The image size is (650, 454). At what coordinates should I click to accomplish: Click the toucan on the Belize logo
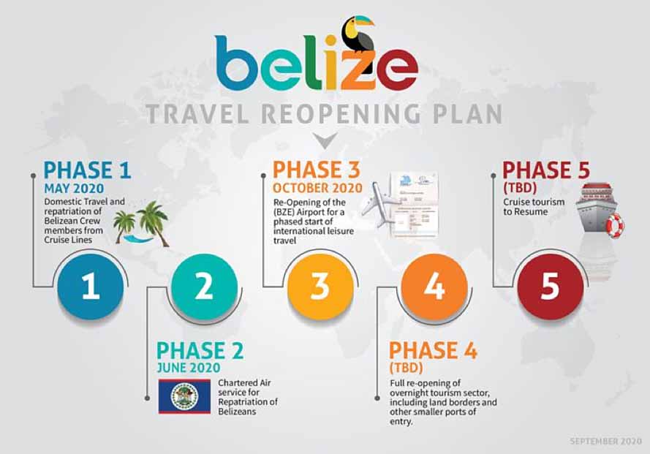pyautogui.click(x=358, y=34)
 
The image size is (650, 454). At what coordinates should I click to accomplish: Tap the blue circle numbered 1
pyautogui.click(x=91, y=287)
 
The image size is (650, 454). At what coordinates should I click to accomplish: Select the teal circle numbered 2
pyautogui.click(x=204, y=287)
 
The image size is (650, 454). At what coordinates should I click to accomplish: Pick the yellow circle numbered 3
pyautogui.click(x=320, y=287)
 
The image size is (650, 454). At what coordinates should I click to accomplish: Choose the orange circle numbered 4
pyautogui.click(x=434, y=287)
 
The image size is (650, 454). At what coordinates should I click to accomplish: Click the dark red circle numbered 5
pyautogui.click(x=551, y=287)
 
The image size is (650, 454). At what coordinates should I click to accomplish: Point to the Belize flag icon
pyautogui.click(x=184, y=396)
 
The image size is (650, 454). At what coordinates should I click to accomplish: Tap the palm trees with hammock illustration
pyautogui.click(x=141, y=224)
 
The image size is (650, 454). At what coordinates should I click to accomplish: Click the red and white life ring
pyautogui.click(x=614, y=226)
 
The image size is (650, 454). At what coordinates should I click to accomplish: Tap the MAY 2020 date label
pyautogui.click(x=74, y=189)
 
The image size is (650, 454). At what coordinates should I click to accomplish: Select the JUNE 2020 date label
pyautogui.click(x=189, y=367)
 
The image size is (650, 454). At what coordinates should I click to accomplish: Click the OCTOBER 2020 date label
pyautogui.click(x=317, y=188)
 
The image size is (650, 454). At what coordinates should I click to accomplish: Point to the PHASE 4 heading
pyautogui.click(x=433, y=351)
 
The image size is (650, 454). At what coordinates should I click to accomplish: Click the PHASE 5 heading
pyautogui.click(x=546, y=170)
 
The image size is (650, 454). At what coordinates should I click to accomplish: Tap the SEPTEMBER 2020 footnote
pyautogui.click(x=605, y=441)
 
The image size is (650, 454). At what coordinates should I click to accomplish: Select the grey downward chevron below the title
pyautogui.click(x=325, y=140)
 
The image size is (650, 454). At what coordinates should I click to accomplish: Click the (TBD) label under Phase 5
pyautogui.click(x=521, y=188)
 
